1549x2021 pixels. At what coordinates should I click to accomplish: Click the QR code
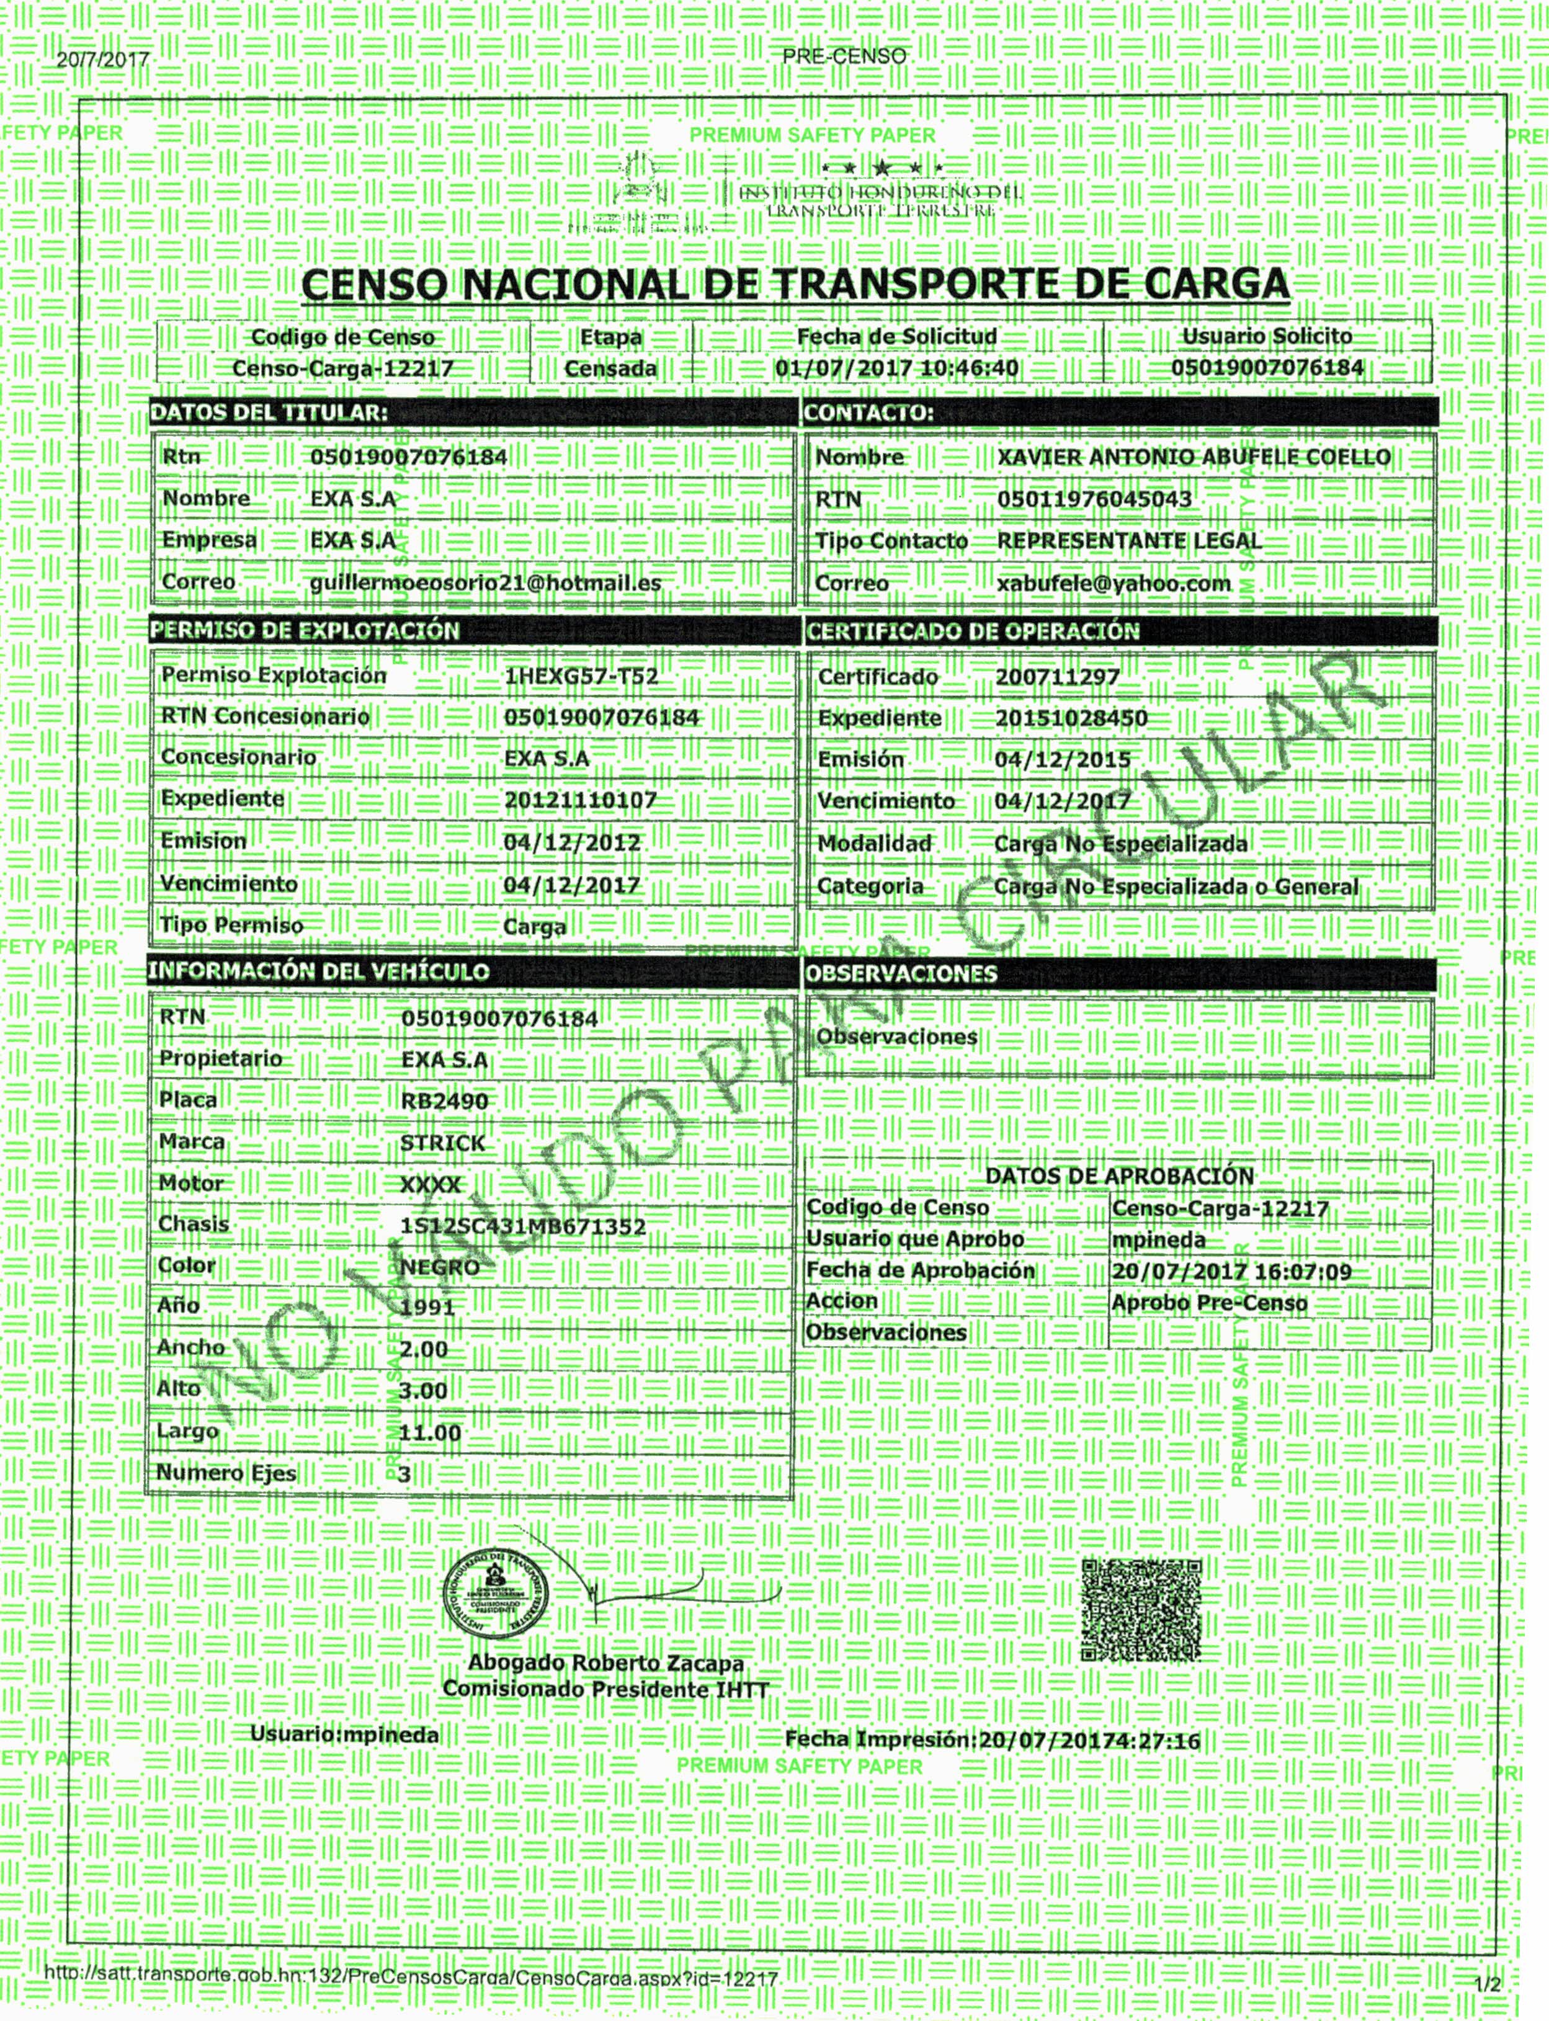coord(1141,1610)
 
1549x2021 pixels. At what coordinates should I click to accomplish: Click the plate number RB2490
coord(444,1101)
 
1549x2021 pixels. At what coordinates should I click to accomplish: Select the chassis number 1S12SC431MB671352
coord(523,1226)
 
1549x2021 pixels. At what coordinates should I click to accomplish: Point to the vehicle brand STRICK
coord(442,1143)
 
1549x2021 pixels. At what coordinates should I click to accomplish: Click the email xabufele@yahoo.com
coord(1114,584)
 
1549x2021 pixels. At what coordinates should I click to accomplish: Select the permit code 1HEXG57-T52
coord(581,676)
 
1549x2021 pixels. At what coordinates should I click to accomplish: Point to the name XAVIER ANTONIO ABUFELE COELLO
coord(1193,457)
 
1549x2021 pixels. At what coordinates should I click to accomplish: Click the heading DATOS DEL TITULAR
coord(269,413)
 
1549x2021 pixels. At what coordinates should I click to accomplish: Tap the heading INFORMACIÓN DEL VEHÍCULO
coord(318,972)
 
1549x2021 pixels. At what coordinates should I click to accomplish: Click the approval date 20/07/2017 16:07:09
coord(1231,1272)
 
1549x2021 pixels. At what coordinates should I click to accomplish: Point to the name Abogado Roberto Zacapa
coord(606,1663)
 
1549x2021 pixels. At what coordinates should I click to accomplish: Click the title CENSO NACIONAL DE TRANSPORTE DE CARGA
coord(795,284)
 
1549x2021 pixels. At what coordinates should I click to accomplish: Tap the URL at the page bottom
coord(411,1978)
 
